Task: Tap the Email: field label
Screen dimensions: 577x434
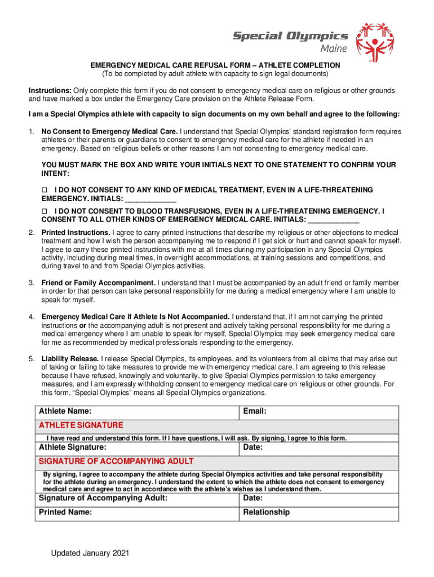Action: pyautogui.click(x=255, y=412)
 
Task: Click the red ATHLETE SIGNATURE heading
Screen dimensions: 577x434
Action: pyautogui.click(x=81, y=425)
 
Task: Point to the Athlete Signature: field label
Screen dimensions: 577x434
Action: pyautogui.click(x=72, y=447)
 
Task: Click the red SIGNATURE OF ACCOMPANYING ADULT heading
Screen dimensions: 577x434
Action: pyautogui.click(x=116, y=461)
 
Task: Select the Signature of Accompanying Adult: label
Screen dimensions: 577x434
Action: pyautogui.click(x=103, y=498)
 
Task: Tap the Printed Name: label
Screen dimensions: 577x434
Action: pyautogui.click(x=65, y=512)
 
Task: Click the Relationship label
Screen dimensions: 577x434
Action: pyautogui.click(x=267, y=512)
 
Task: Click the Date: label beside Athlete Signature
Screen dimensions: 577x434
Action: pyautogui.click(x=253, y=447)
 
